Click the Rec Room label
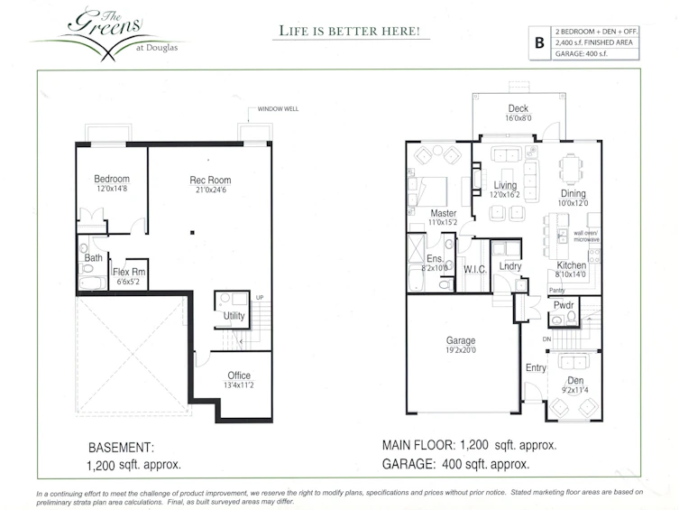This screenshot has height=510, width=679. tap(210, 180)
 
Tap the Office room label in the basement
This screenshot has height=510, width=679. tap(239, 376)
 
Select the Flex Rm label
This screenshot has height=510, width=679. tap(129, 272)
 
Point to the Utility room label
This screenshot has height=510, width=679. tap(234, 315)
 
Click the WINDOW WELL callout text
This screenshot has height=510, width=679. tap(278, 108)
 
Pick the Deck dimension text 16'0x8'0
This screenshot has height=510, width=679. tap(518, 118)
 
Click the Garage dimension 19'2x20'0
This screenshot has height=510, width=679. tap(461, 350)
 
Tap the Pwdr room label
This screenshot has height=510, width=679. tap(564, 305)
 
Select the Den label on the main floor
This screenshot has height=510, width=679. tap(575, 380)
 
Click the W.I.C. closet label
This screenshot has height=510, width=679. tap(475, 270)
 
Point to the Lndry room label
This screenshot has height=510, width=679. tap(510, 266)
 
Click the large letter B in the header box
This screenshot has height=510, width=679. tap(539, 43)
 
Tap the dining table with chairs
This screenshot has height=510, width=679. tap(571, 170)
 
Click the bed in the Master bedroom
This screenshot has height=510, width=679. tap(427, 191)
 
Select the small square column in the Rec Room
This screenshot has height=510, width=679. tap(192, 233)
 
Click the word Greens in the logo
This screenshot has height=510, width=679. tap(106, 23)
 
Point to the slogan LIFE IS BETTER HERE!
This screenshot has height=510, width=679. tap(350, 32)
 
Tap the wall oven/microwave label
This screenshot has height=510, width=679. tap(586, 236)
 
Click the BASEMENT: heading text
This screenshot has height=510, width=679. tap(121, 447)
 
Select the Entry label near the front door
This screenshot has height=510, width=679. tap(536, 367)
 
